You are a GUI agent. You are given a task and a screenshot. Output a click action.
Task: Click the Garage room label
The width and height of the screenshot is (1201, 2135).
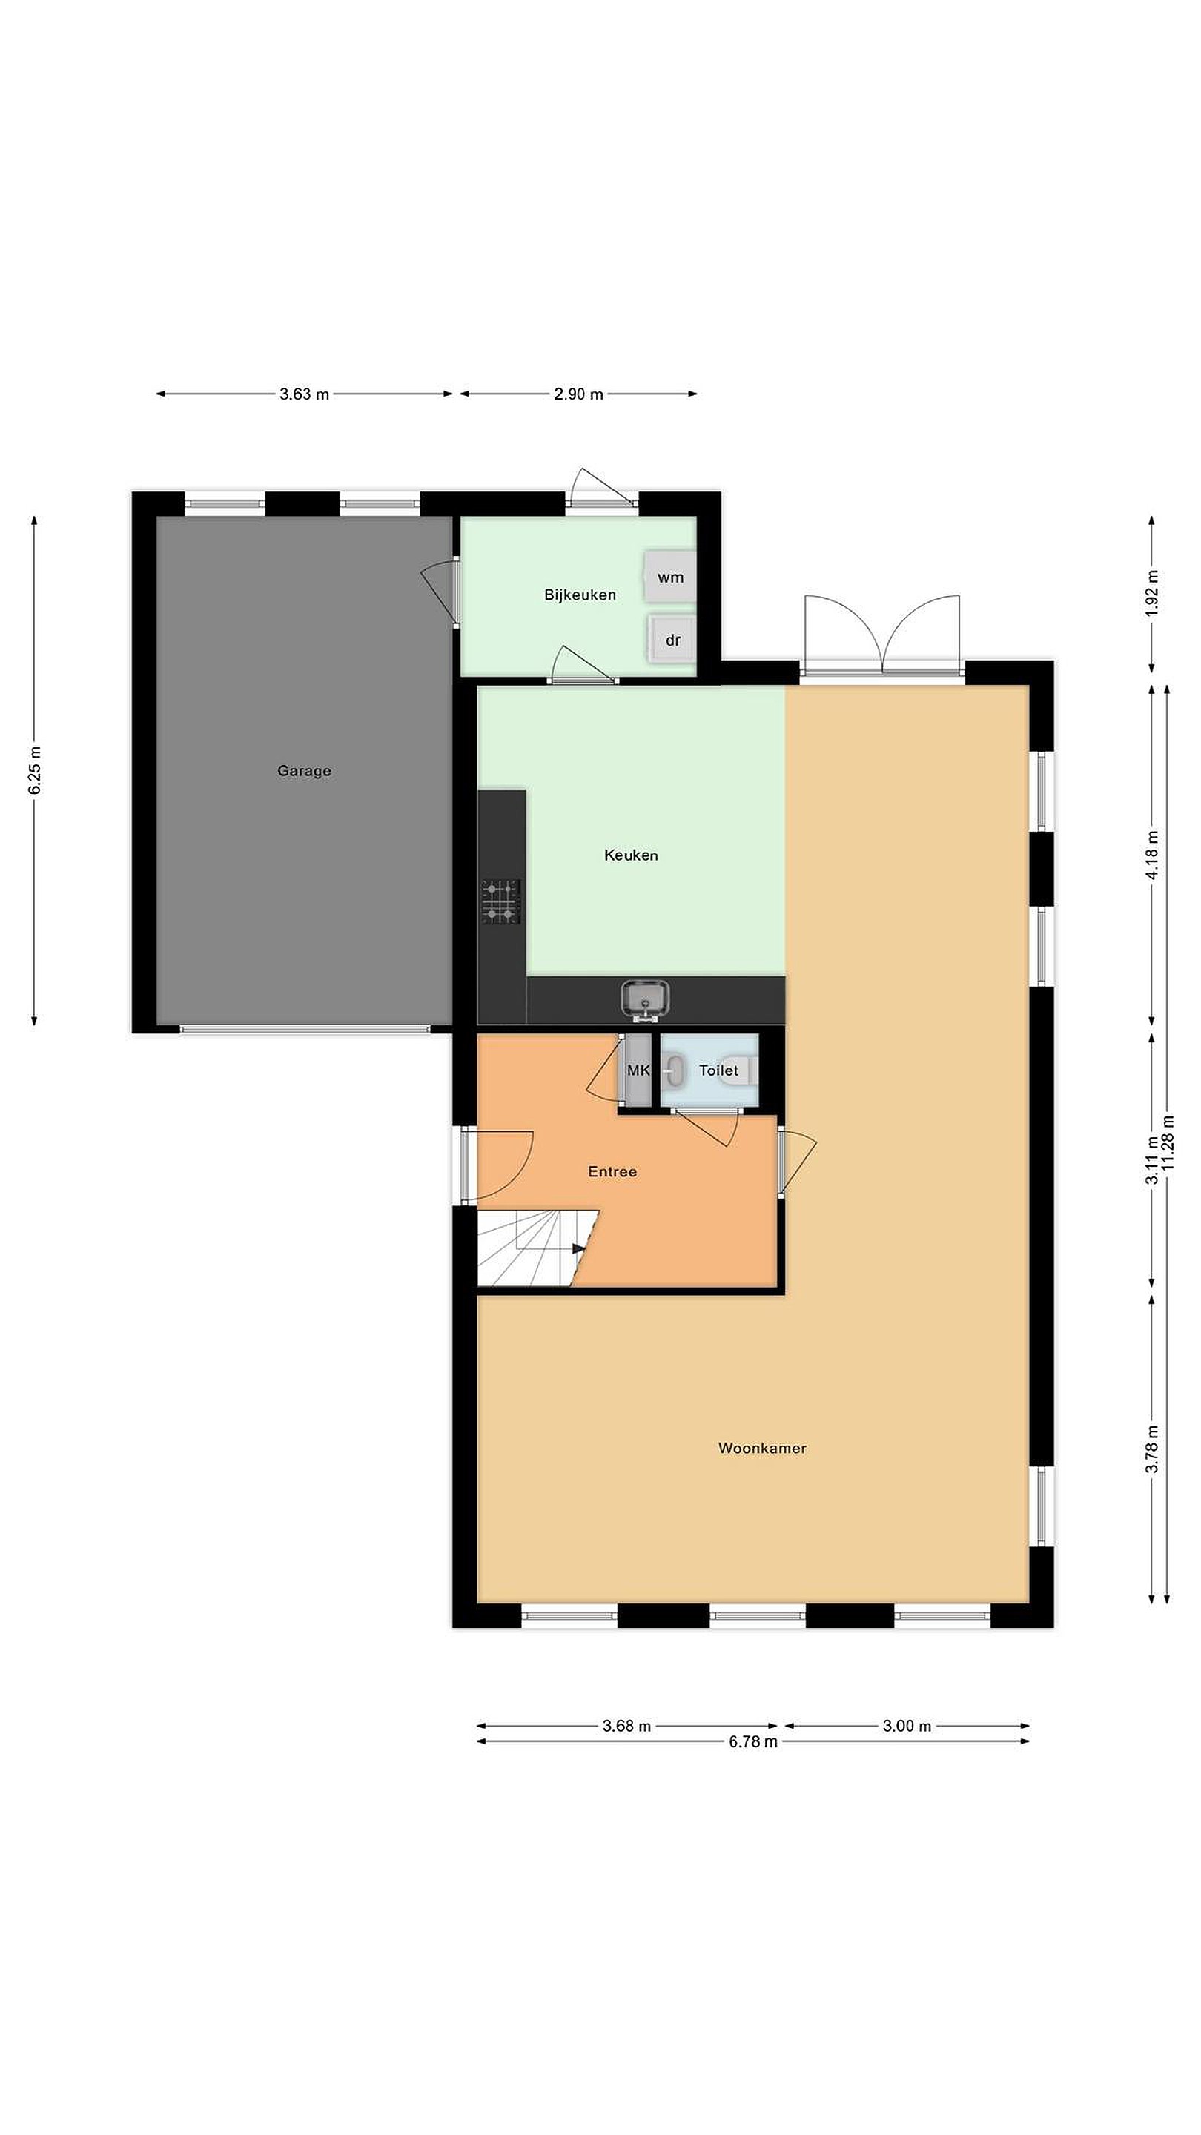coord(304,771)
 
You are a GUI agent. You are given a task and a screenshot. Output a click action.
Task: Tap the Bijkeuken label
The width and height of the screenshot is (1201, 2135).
coord(580,595)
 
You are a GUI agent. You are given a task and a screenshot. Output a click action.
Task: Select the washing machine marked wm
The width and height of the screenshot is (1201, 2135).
coord(669,577)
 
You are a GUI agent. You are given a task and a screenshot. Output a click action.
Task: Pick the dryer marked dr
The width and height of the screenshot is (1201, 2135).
coord(672,640)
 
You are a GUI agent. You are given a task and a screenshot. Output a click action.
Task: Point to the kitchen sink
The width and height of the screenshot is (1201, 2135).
coord(646,998)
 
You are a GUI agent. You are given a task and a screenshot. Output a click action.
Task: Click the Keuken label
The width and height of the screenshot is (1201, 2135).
coord(631,855)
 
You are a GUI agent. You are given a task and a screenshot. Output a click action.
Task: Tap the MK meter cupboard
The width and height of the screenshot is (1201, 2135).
coord(638,1070)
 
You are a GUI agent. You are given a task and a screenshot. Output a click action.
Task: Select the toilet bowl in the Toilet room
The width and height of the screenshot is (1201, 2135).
coord(674,1070)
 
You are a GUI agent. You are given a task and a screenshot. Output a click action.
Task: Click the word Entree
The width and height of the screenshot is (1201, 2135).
coord(612,1171)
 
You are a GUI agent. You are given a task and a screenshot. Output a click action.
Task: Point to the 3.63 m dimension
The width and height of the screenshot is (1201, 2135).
coord(304,394)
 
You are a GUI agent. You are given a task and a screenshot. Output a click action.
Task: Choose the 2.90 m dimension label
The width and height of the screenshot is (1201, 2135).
coord(578,394)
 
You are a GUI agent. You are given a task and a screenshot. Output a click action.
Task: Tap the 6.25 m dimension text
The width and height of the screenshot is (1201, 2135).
coord(35,771)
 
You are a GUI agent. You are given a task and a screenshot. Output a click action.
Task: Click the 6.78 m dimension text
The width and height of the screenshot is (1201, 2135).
coord(753,1741)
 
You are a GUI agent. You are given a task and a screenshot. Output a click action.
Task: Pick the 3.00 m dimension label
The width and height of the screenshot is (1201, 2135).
coord(907,1726)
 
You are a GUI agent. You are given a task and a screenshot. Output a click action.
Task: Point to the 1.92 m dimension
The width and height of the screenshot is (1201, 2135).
coord(1152,593)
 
